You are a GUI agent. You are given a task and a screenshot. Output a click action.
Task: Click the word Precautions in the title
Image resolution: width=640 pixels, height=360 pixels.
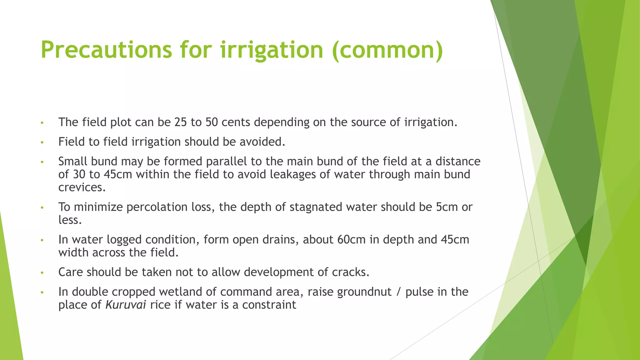coord(106,50)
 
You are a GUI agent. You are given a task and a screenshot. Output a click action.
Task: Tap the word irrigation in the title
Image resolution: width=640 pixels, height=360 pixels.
coord(272,50)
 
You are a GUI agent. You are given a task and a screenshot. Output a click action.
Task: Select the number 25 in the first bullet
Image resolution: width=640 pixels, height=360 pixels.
coord(181,122)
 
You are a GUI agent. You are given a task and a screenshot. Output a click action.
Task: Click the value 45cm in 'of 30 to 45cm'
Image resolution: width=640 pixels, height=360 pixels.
coord(118,174)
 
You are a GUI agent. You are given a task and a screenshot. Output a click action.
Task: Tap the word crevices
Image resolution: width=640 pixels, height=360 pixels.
coord(81,187)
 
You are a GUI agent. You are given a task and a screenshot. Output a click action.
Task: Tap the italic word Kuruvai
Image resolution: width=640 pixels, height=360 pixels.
coord(126,305)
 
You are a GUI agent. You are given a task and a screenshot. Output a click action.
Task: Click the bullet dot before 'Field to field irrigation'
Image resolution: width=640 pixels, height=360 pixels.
coord(42,142)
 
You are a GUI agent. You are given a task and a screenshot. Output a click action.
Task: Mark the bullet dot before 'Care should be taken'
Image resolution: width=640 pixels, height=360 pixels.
coord(42,273)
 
